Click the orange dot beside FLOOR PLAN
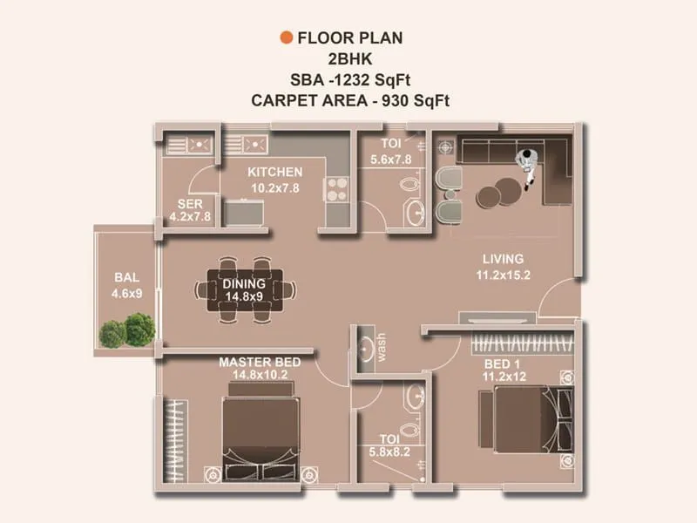284,37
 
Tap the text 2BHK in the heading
350,58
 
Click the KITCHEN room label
274,172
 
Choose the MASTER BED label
260,362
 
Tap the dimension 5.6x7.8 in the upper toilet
390,160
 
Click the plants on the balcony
127,329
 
